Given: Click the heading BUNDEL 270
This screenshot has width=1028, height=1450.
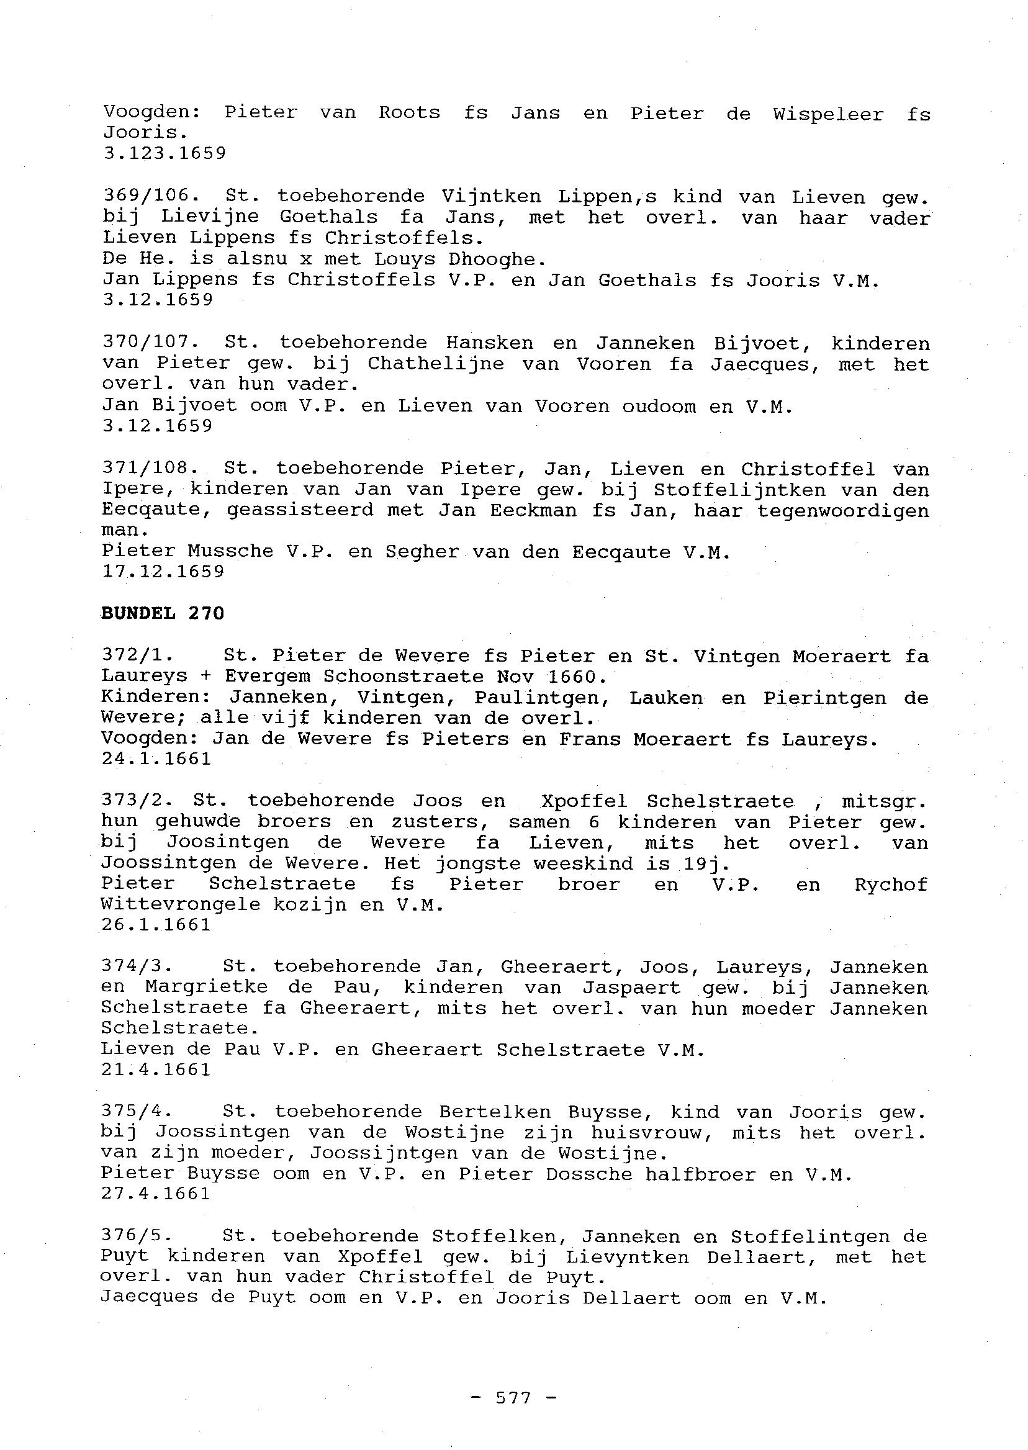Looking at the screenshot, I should coord(162,613).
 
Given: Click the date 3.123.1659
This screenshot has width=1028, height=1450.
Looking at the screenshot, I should coord(164,154).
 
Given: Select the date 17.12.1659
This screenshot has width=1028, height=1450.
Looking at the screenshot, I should coord(163,572).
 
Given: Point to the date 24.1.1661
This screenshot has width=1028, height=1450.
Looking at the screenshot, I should coord(156,759).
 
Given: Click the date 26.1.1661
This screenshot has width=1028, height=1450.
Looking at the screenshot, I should coord(156,925).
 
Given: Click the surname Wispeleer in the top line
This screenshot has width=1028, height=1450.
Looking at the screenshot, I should coord(828,115).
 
